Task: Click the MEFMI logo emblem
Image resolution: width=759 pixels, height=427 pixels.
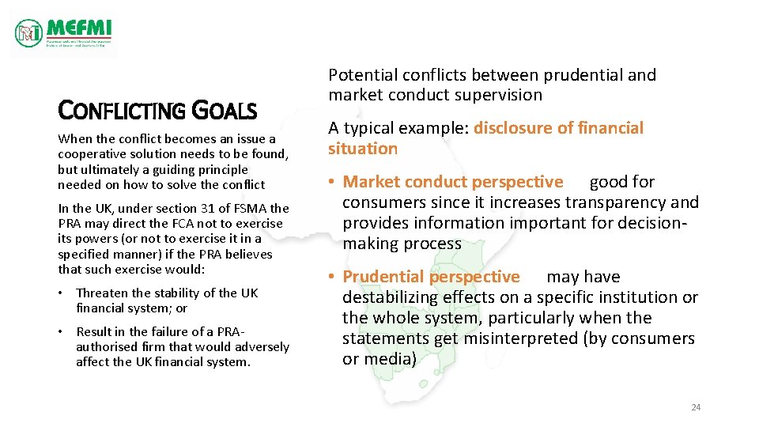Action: pos(29,32)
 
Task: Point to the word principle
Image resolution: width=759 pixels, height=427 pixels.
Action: pos(221,169)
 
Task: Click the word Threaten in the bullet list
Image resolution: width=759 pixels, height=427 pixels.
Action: pos(101,293)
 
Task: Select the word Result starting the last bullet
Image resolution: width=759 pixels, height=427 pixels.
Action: pos(94,331)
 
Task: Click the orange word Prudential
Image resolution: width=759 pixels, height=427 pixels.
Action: pos(385,277)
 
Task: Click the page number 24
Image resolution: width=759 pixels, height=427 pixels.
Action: pos(696,407)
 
